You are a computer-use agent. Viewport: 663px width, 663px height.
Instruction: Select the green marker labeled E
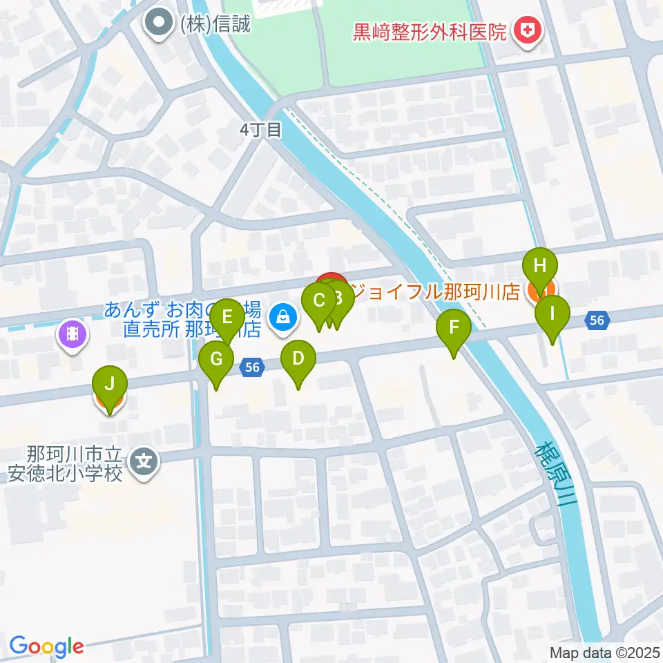(x=227, y=320)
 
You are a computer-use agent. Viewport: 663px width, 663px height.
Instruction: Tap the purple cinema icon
(x=72, y=336)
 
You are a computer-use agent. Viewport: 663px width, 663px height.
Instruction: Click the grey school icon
(x=144, y=459)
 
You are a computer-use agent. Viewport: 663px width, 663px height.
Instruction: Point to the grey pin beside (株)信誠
(x=158, y=24)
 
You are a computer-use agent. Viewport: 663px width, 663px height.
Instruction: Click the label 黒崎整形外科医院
(x=430, y=32)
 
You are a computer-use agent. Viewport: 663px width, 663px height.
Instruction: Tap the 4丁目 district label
(x=260, y=130)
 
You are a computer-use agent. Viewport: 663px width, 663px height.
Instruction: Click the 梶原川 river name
(x=555, y=477)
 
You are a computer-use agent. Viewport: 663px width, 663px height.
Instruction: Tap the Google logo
(x=46, y=646)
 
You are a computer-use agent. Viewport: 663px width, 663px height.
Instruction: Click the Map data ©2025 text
(x=604, y=652)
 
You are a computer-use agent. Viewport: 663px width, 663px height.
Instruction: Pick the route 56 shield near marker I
(x=597, y=320)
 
